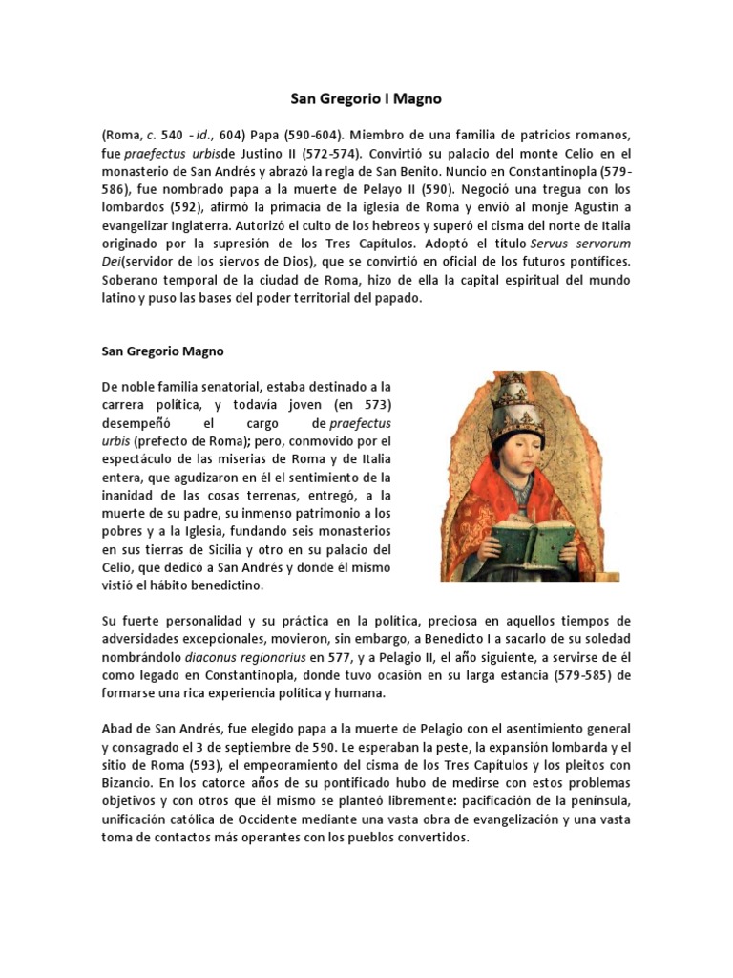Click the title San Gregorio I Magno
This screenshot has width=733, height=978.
point(366,98)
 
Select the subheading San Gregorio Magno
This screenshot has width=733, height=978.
point(163,351)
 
